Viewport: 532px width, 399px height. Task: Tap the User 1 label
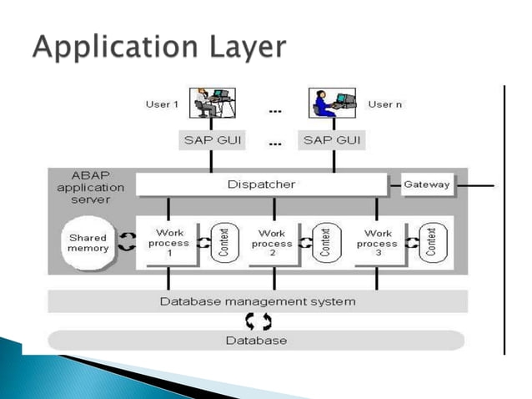click(162, 104)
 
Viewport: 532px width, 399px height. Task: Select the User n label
click(385, 104)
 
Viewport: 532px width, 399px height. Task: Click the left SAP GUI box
click(212, 140)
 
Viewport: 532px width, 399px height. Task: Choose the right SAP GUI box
click(332, 140)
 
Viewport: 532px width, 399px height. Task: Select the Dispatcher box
click(261, 184)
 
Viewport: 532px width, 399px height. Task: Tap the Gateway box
click(427, 184)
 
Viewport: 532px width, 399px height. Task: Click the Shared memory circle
click(88, 243)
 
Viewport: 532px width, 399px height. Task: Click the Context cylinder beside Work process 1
click(222, 243)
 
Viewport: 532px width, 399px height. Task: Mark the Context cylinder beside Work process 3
click(430, 243)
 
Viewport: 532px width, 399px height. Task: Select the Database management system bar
click(257, 301)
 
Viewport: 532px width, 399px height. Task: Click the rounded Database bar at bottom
click(256, 340)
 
